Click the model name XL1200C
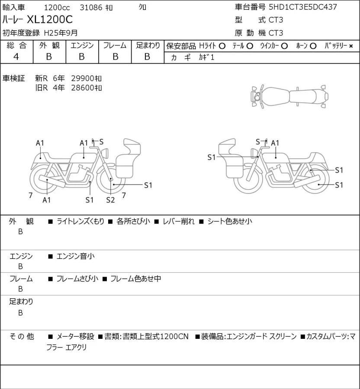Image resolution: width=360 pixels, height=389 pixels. tap(50, 19)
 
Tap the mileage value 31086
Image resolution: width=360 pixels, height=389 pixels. tap(91, 7)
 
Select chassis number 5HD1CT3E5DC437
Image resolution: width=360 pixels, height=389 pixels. tap(303, 7)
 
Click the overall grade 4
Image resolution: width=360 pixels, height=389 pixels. tap(16, 57)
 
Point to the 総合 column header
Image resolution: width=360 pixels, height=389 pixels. tap(16, 45)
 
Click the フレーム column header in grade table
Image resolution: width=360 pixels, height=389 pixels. tap(115, 45)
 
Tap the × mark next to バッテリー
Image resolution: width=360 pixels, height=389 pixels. tap(351, 46)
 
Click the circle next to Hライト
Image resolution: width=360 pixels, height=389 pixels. tap(222, 46)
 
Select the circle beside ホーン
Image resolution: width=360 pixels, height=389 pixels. tap(313, 46)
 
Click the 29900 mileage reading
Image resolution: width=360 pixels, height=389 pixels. tap(82, 78)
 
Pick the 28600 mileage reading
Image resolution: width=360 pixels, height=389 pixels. tap(82, 88)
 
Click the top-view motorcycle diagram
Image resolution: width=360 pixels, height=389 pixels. tap(289, 96)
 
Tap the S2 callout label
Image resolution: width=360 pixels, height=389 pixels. tap(110, 200)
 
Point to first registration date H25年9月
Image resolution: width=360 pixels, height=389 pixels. tap(61, 33)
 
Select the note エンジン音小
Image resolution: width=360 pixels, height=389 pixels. tap(75, 256)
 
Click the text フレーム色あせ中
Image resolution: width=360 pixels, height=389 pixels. tap(135, 279)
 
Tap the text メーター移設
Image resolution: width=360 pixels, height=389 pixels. tap(75, 336)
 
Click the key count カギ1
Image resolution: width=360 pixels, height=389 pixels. tap(206, 57)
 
